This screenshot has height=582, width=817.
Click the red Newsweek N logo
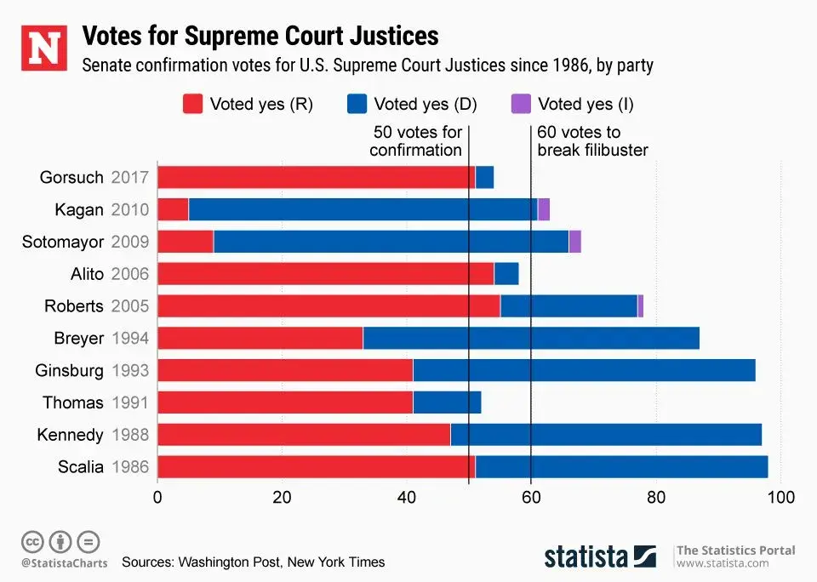click(x=43, y=47)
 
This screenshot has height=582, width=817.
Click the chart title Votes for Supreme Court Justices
click(x=260, y=36)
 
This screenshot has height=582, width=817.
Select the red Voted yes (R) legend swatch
click(x=193, y=105)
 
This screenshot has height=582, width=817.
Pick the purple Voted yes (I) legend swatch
click(x=521, y=105)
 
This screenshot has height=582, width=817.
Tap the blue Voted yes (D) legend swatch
click(x=357, y=105)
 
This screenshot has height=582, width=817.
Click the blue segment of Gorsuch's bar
click(x=484, y=178)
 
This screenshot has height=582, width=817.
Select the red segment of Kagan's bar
click(x=173, y=209)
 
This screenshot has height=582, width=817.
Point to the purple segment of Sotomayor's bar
click(x=574, y=242)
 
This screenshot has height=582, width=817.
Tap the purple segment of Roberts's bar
click(x=640, y=306)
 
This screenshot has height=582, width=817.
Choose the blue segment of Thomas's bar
click(x=447, y=402)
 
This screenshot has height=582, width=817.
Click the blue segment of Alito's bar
click(x=506, y=274)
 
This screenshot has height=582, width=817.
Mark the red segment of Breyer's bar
click(x=260, y=338)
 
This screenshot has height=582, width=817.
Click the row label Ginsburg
click(x=70, y=370)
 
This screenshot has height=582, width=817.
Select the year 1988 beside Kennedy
click(x=130, y=435)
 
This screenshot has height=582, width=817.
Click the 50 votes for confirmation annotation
click(x=416, y=141)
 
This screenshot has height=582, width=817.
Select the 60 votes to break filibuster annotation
click(x=592, y=141)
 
